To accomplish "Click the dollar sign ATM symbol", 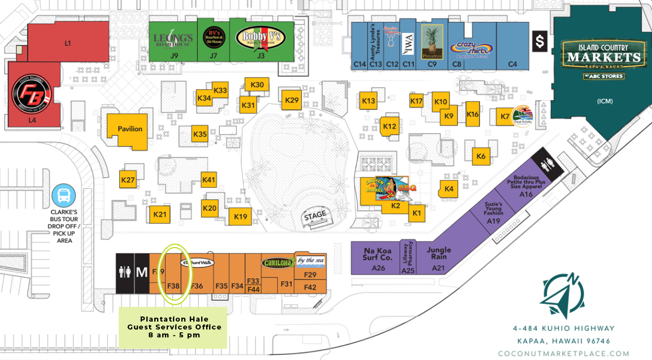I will [540, 41].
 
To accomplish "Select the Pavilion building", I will [129, 129].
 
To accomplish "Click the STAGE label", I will [315, 215].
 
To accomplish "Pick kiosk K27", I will [128, 180].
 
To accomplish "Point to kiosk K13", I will [368, 101].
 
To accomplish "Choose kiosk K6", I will [481, 156].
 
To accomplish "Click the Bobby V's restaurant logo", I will [260, 38].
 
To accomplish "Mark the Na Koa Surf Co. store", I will [378, 254].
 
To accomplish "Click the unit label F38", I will [173, 286].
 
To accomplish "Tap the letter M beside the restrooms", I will [141, 273].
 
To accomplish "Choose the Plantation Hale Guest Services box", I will [173, 328].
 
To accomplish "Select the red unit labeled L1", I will [67, 43].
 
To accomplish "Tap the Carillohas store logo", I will [278, 263].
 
